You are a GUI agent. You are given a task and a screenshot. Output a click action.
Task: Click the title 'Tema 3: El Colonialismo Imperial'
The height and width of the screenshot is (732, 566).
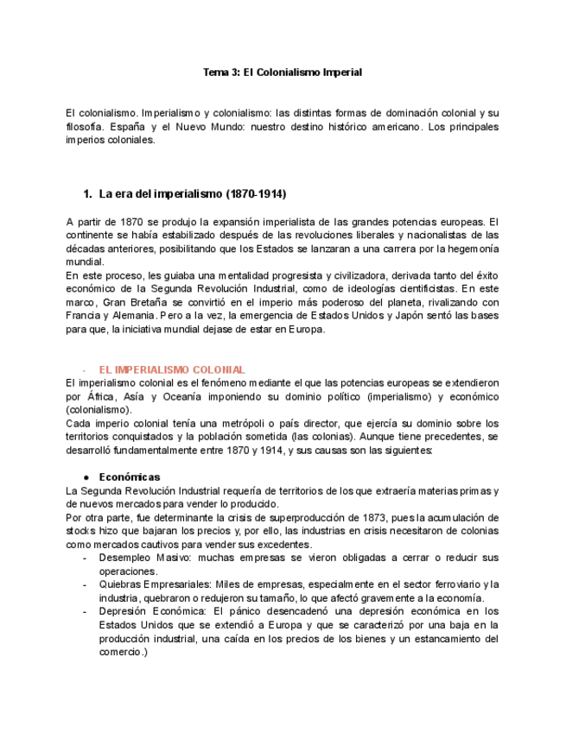(282, 73)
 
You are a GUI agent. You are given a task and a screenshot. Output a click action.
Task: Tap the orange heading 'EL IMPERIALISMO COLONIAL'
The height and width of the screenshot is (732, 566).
(172, 369)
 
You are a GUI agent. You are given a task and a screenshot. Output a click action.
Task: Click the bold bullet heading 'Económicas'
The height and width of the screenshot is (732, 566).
(130, 476)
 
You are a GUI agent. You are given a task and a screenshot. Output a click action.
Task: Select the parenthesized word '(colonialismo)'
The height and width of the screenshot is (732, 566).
(99, 409)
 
